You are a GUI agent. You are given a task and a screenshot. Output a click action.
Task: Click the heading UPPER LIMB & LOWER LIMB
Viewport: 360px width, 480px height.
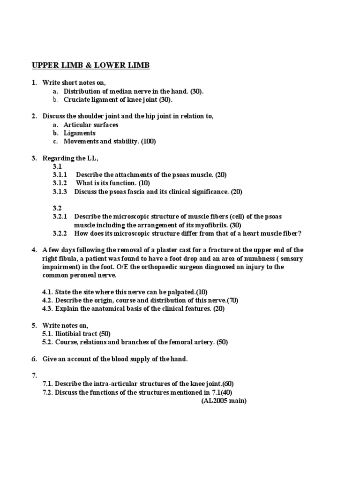point(90,65)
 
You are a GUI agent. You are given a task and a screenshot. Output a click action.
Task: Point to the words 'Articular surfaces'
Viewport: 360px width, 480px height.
point(91,125)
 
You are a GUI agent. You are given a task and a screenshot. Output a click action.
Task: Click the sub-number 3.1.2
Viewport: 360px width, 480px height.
point(60,183)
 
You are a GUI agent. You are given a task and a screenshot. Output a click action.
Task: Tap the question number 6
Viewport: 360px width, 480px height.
point(34,359)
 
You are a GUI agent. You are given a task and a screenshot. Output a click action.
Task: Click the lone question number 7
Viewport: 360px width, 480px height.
point(34,376)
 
